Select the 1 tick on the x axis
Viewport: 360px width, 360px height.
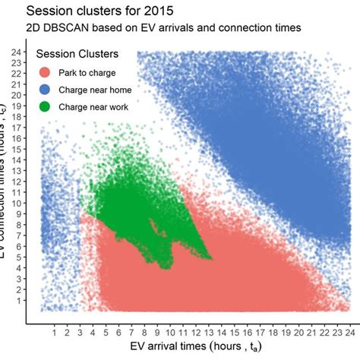[55, 331]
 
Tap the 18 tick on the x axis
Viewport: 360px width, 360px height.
[274, 331]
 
